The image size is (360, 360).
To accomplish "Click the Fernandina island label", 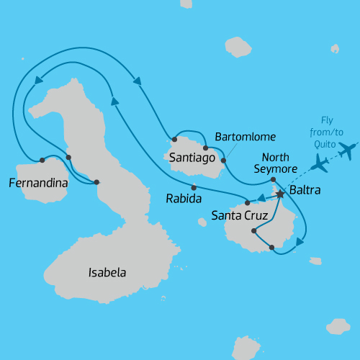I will (x=38, y=184).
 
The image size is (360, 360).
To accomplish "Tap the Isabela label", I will (x=107, y=273).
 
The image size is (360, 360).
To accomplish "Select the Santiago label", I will (x=189, y=156).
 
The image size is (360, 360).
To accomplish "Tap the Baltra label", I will (x=305, y=192).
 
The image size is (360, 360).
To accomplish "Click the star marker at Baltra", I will (x=279, y=193).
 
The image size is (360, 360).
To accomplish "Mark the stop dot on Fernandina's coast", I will (x=42, y=160).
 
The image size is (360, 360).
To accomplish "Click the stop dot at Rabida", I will (x=194, y=187).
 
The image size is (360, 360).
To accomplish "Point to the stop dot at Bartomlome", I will (x=223, y=160).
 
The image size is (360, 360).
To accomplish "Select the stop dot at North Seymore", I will (x=273, y=180).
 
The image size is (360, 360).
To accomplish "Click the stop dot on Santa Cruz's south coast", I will (x=271, y=248).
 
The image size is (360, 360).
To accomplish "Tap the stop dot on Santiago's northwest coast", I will (x=174, y=139).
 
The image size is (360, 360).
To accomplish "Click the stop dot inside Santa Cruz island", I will (x=253, y=231).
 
